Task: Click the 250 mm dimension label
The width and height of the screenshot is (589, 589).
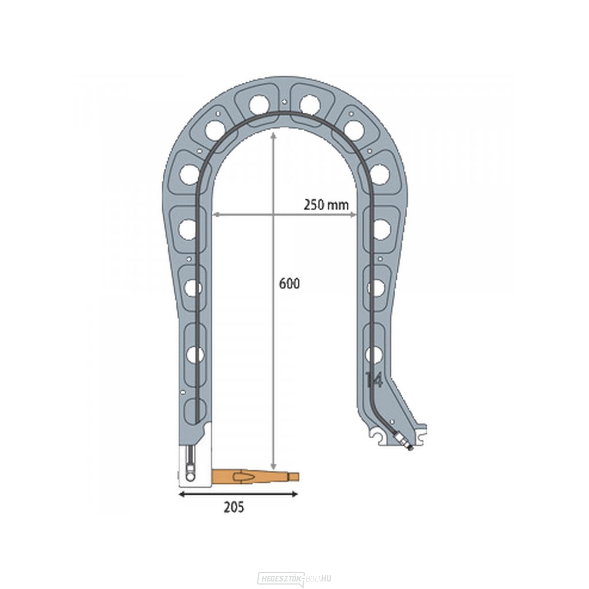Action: (326, 205)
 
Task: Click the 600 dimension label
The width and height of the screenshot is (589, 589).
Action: (289, 284)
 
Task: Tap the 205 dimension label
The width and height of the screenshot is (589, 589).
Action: (234, 507)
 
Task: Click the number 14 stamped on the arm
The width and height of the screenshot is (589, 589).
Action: (374, 380)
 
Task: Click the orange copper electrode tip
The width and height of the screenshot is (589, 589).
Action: (255, 477)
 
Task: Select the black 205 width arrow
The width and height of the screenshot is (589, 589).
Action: (238, 494)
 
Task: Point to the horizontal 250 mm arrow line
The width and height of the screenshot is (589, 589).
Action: (284, 215)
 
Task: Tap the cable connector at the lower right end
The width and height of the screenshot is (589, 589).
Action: (403, 441)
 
